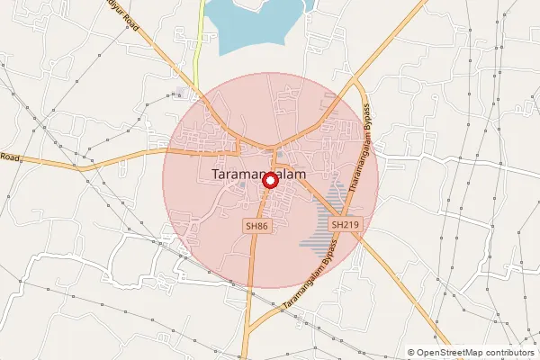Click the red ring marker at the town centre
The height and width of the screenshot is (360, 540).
[270, 181]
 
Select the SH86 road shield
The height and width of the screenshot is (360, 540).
[256, 226]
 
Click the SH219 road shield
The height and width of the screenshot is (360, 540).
[344, 224]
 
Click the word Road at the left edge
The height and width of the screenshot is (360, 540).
[10, 157]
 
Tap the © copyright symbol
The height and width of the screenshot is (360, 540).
[411, 353]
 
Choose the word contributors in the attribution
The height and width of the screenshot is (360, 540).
[507, 353]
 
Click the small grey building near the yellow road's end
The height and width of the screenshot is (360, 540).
[183, 93]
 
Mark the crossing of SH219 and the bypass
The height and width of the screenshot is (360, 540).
[354, 231]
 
